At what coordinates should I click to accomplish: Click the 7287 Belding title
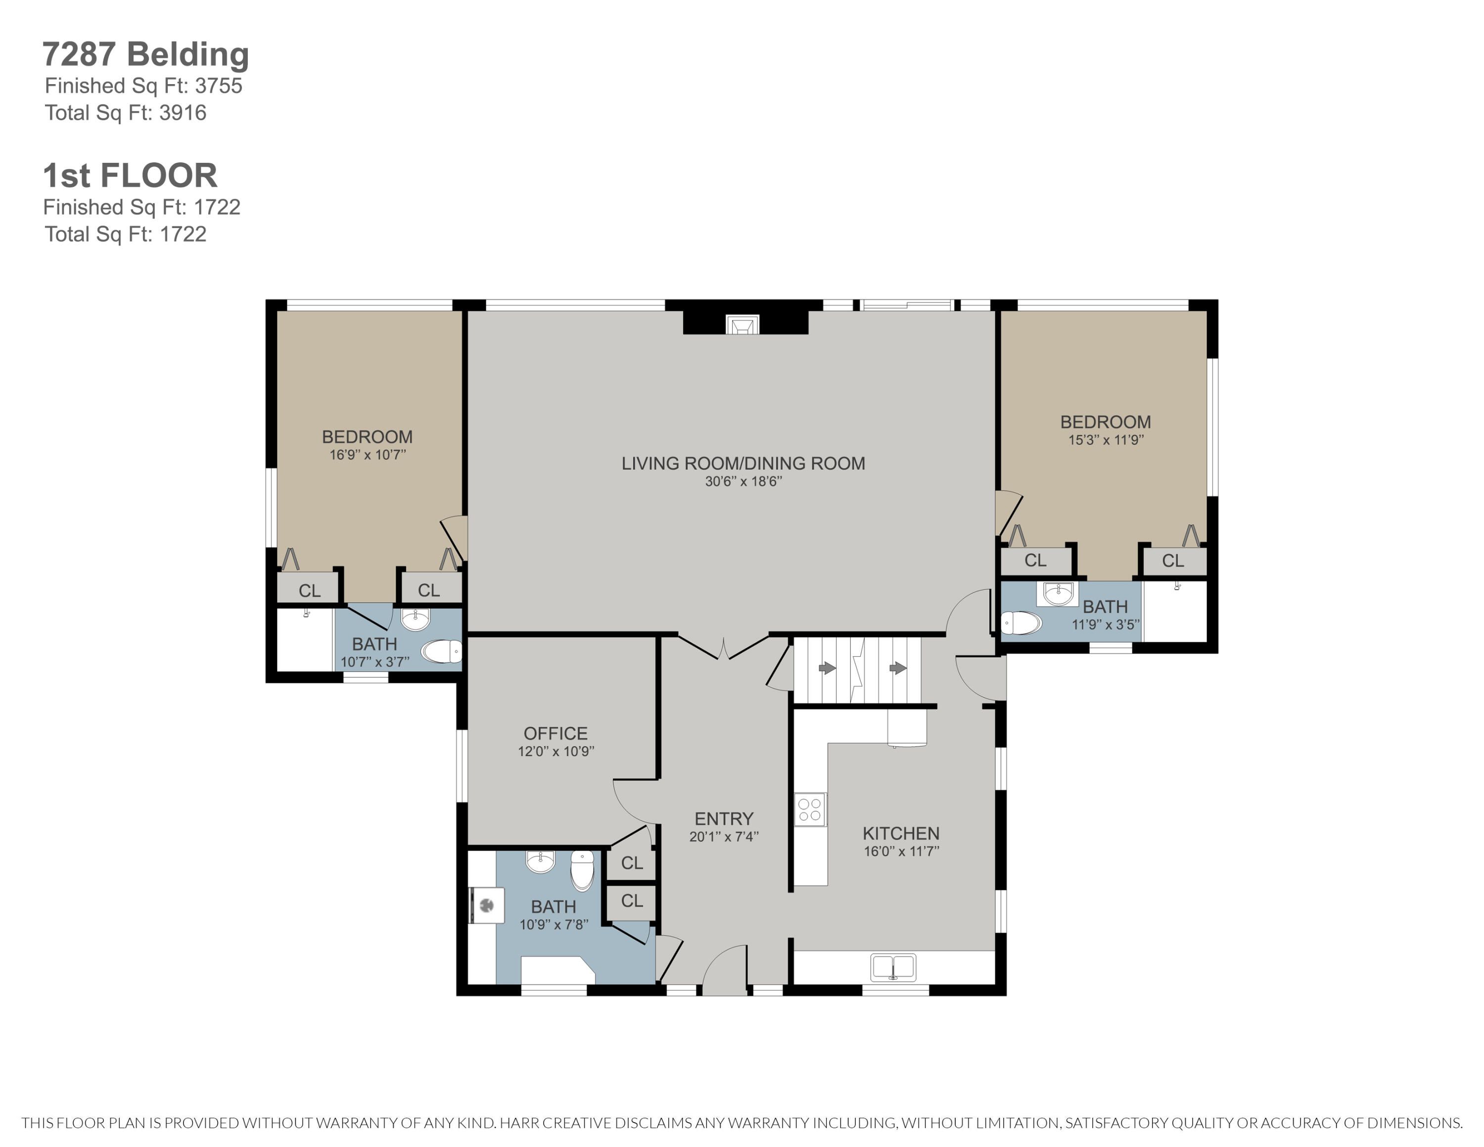(145, 54)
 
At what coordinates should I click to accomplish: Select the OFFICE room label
(555, 733)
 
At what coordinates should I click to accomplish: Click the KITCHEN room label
(901, 833)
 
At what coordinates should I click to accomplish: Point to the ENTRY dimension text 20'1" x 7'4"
(724, 836)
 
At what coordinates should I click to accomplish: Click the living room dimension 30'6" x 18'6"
(743, 481)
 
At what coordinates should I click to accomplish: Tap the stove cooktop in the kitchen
(810, 810)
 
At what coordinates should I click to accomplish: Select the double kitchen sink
(893, 967)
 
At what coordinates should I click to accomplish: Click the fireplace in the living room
(742, 324)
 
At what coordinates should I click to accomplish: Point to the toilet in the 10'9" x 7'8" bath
(582, 870)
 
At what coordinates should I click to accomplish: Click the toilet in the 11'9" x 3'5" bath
(1020, 622)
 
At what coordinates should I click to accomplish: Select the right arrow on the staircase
(898, 668)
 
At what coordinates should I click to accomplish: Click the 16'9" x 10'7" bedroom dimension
(368, 455)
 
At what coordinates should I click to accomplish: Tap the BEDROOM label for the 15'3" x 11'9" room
(1106, 422)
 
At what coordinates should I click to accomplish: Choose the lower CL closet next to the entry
(632, 901)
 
